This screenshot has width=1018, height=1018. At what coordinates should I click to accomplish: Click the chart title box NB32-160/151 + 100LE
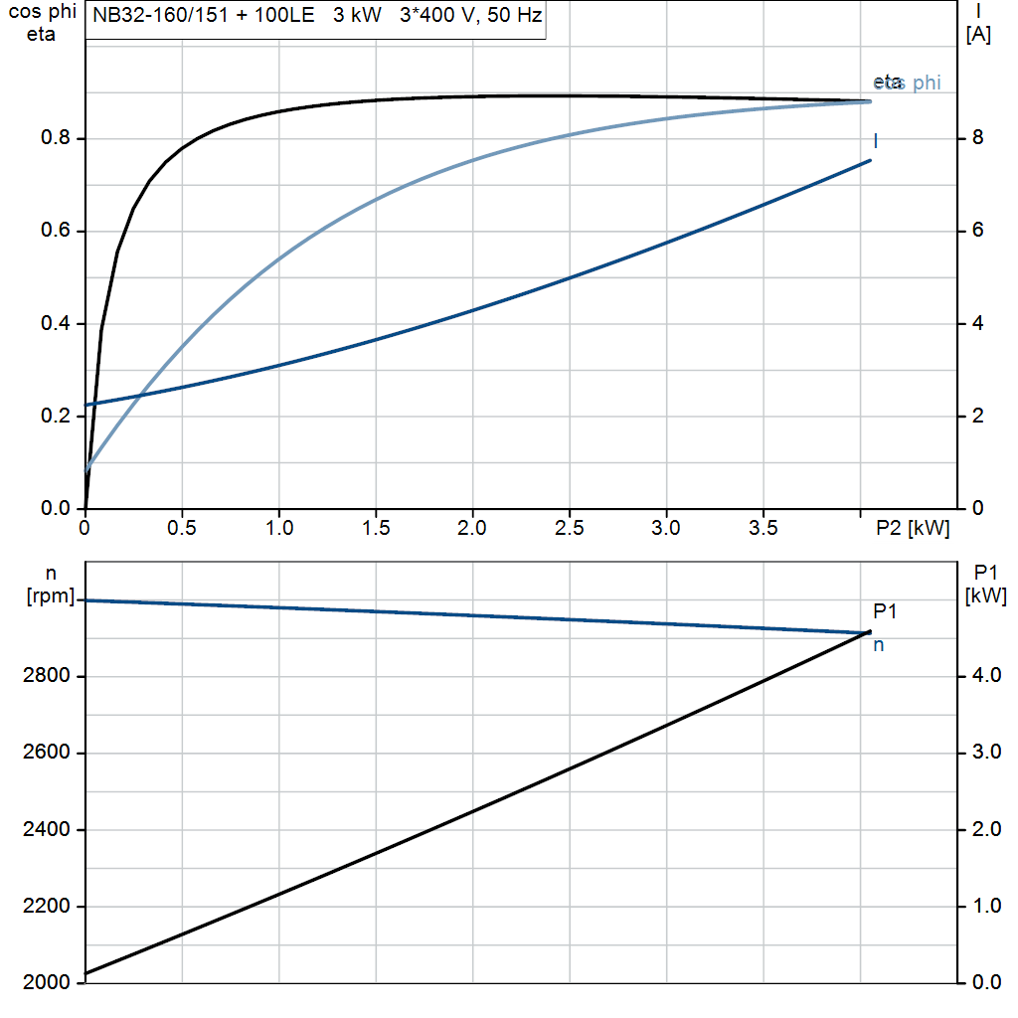click(316, 17)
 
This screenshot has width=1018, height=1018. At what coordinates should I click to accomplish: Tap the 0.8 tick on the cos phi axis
click(55, 138)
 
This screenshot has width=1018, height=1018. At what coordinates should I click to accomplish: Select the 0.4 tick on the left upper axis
click(55, 324)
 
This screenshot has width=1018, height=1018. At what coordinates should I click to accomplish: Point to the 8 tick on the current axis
click(977, 138)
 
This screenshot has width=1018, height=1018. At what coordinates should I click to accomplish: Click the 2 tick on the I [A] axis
click(977, 416)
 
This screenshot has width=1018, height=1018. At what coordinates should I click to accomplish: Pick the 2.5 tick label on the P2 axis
click(570, 529)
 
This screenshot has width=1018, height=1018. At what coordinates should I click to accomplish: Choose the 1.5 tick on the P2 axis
click(376, 529)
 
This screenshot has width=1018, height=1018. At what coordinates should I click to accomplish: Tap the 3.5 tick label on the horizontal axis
click(763, 529)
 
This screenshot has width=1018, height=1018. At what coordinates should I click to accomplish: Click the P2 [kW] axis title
click(913, 529)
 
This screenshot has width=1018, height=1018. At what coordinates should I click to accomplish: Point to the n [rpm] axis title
click(50, 584)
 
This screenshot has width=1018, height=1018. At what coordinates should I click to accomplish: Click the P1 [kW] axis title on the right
click(985, 584)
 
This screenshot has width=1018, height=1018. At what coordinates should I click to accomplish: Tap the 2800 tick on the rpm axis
click(46, 677)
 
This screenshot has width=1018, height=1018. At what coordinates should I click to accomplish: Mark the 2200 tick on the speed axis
click(46, 907)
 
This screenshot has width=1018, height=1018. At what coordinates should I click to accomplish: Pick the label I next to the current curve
click(875, 141)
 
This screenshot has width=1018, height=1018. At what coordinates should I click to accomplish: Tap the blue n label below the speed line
click(879, 645)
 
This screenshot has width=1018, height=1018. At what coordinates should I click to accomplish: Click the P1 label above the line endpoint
click(885, 611)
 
